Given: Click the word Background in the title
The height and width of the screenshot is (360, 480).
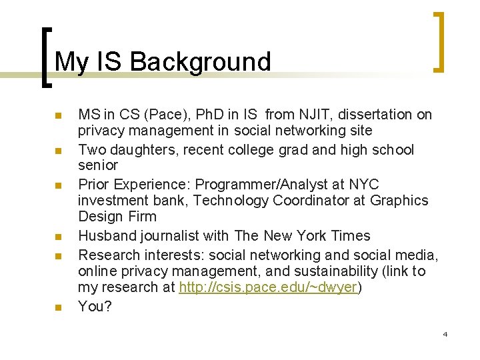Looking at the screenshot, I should tap(201, 62).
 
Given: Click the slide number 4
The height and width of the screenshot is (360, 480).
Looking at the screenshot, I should tap(445, 333).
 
